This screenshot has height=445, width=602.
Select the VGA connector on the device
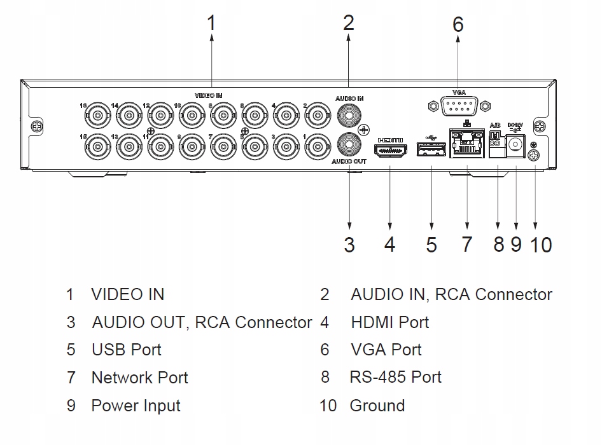coord(458,106)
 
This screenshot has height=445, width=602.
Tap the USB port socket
coord(430,150)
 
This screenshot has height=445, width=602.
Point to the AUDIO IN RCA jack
coord(349,116)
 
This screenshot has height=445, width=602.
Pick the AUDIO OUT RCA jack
coord(349,145)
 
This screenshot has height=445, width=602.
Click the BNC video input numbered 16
coord(98,116)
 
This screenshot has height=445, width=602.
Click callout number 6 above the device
coord(458,25)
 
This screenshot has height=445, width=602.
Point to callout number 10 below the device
coord(541,245)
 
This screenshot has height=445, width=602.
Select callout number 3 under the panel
coord(349,245)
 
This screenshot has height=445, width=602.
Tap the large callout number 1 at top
coord(211,24)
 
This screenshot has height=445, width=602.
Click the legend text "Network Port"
coord(140,378)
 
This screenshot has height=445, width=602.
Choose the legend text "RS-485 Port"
coord(395,377)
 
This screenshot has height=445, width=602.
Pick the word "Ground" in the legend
coord(377,406)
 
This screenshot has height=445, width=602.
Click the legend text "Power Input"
coord(136,406)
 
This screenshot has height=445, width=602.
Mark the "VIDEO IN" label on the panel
coord(208,95)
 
